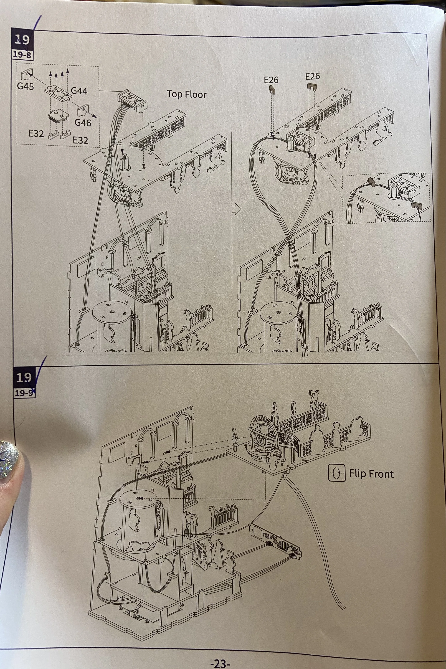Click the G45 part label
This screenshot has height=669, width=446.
point(25,86)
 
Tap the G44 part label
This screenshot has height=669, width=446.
point(79,91)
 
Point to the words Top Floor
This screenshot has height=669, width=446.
point(187,94)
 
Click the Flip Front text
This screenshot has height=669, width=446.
point(371,474)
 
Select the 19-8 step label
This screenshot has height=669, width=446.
point(22,55)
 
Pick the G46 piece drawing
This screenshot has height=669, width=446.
point(83,110)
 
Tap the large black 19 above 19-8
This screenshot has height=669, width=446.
point(22,40)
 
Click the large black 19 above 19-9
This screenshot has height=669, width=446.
point(24,377)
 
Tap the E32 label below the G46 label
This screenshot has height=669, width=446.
point(80,140)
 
